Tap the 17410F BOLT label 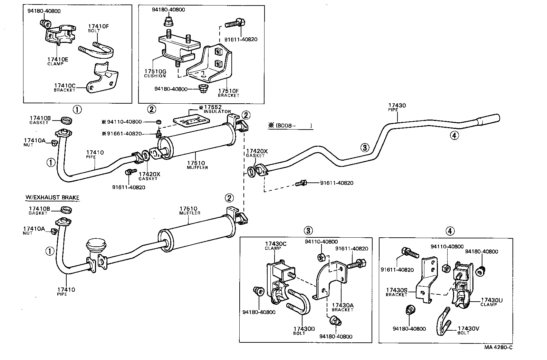click(x=98, y=28)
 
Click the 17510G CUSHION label click(x=155, y=73)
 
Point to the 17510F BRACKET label click(x=228, y=93)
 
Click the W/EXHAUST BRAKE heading click(x=52, y=198)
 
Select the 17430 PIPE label click(x=397, y=107)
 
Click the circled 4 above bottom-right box click(x=450, y=231)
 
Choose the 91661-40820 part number click(x=126, y=133)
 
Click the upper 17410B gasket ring click(x=66, y=121)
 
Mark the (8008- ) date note click(x=290, y=126)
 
